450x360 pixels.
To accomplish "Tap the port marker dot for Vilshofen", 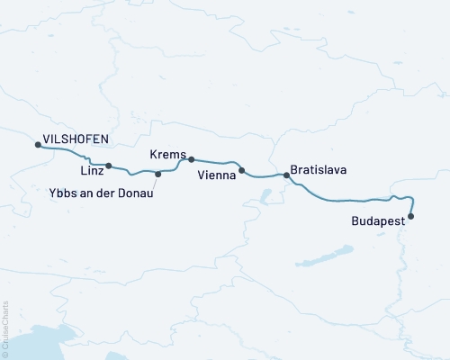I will coord(37,144).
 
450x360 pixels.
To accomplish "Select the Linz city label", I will coord(91,170).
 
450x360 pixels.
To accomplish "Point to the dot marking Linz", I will coord(108,166).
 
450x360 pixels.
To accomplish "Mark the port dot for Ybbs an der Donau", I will coord(158,174).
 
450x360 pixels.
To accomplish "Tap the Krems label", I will coord(169,156).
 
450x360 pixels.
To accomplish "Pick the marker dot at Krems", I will coord(191,159).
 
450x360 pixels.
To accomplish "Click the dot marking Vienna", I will coord(241,170).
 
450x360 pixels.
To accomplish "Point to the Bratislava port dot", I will coord(287,175).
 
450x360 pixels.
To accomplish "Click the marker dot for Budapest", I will coord(411,216).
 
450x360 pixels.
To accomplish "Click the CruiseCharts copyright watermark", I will coord(5,329).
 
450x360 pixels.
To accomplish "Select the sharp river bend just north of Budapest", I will coord(411,198).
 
